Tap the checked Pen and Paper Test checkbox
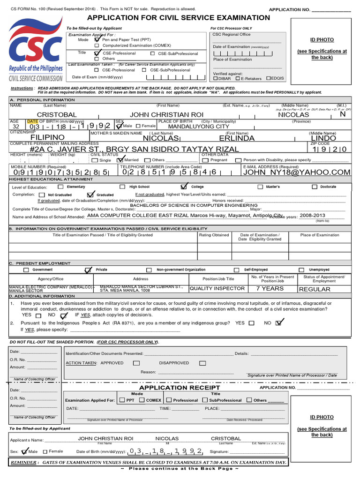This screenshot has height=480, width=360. tap(97, 40)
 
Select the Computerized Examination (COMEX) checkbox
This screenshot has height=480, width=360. tap(97, 45)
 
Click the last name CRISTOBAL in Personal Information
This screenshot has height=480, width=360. tap(57, 115)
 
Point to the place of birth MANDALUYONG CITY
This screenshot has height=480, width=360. tap(199, 127)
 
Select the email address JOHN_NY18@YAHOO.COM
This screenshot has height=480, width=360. tap(296, 172)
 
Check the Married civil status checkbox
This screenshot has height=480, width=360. tap(120, 160)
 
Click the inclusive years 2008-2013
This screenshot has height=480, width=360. tap(313, 215)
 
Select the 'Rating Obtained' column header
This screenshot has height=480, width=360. tap(214, 235)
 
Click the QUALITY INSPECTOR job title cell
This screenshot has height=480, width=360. tap(217, 289)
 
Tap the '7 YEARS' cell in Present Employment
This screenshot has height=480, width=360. tap(270, 289)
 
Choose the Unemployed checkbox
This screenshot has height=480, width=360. tap(301, 270)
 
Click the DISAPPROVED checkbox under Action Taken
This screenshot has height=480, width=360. tap(202, 363)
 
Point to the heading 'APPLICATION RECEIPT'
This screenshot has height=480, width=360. tap(180, 388)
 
